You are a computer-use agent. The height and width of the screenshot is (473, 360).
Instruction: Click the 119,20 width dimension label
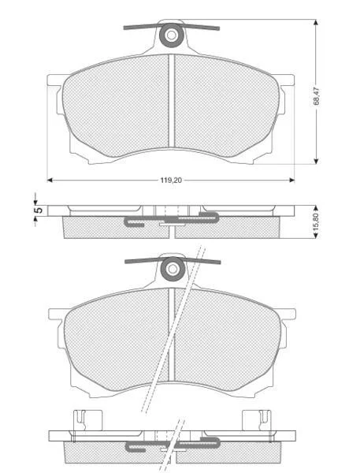171,181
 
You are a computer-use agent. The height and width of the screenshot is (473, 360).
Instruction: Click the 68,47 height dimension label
317,96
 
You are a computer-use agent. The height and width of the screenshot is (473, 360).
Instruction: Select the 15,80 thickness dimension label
316,222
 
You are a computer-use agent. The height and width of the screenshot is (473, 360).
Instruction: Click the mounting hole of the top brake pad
172,35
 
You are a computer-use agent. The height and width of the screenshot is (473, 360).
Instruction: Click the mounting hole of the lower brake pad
173,269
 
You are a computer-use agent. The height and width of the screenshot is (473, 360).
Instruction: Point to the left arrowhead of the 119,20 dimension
50,180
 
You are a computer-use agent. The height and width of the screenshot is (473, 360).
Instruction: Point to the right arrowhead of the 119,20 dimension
291,180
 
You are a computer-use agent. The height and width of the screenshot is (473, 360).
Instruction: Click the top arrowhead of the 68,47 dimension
316,23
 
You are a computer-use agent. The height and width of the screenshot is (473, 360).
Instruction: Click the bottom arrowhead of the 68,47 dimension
316,161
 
